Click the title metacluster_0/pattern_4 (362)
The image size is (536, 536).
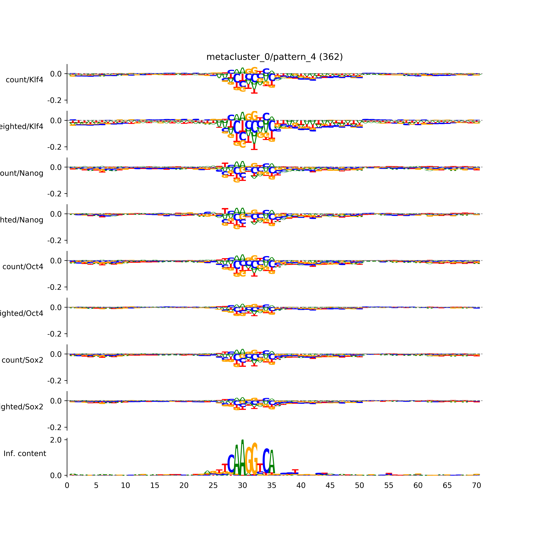click(x=274, y=57)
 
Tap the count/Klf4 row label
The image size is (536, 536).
click(x=24, y=80)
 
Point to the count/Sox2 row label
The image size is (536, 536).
click(x=23, y=360)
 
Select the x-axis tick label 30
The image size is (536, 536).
click(x=242, y=486)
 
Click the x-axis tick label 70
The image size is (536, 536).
click(x=476, y=486)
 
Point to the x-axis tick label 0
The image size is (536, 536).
click(x=67, y=486)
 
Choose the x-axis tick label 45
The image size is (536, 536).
click(x=330, y=486)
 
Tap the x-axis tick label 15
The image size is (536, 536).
click(x=155, y=486)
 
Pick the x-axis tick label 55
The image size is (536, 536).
click(x=389, y=486)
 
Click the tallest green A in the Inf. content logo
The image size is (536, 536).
click(x=242, y=458)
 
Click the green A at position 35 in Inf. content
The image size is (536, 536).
click(x=272, y=463)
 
